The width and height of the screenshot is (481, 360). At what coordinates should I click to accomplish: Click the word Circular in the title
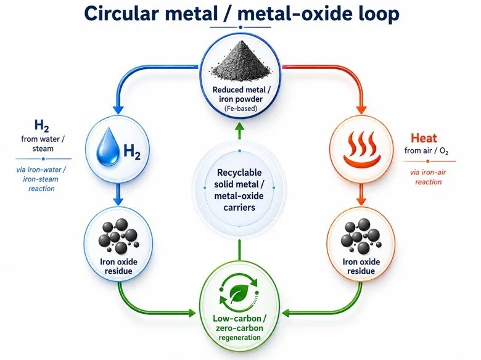(121, 14)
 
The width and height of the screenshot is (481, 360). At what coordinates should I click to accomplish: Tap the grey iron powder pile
(240, 62)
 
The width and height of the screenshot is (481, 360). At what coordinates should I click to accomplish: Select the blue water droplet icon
(107, 147)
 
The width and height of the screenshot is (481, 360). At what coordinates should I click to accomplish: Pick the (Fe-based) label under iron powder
(240, 108)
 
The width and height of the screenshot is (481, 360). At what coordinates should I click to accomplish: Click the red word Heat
(424, 138)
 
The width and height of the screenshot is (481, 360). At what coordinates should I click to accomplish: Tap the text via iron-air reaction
(428, 177)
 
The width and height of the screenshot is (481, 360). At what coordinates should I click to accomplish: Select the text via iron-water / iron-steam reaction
(41, 179)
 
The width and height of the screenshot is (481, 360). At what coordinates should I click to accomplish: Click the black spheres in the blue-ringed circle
(118, 236)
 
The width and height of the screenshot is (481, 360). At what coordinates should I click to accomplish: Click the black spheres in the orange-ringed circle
(361, 236)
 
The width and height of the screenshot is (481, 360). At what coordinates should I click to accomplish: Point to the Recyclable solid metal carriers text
(239, 190)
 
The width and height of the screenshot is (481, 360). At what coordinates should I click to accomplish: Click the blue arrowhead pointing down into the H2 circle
(118, 110)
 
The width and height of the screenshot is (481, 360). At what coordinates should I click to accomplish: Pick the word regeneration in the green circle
(239, 338)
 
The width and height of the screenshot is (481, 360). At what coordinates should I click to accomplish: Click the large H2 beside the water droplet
(131, 152)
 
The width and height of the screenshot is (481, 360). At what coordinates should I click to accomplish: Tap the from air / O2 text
(426, 151)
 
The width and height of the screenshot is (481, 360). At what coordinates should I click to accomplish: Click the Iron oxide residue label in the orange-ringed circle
(361, 266)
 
